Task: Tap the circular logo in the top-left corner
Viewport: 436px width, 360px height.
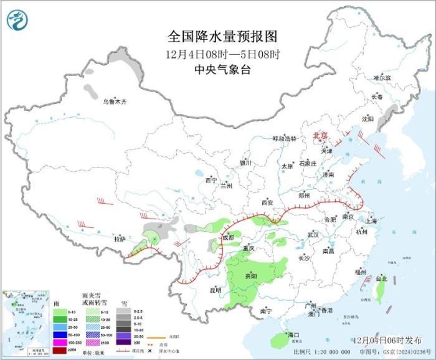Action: (x=18, y=20)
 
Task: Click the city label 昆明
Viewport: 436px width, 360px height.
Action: (x=215, y=290)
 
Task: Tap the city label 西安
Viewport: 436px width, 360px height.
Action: (x=267, y=202)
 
